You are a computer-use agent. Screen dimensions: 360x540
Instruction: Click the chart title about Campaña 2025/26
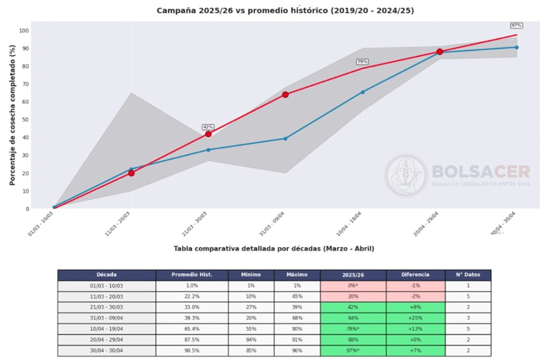pyautogui.click(x=285, y=11)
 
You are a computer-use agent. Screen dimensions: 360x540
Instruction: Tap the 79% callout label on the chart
pyautogui.click(x=362, y=62)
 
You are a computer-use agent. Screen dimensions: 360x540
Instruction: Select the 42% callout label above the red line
pyautogui.click(x=208, y=127)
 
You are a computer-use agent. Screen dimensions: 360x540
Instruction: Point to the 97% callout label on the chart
pyautogui.click(x=516, y=26)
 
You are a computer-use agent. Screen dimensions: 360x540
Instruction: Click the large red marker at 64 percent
pyautogui.click(x=285, y=95)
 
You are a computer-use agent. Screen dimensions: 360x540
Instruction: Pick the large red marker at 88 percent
pyautogui.click(x=439, y=52)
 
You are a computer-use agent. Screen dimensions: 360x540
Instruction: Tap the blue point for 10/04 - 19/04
pyautogui.click(x=362, y=92)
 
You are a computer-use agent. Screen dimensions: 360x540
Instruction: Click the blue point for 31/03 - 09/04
pyautogui.click(x=285, y=139)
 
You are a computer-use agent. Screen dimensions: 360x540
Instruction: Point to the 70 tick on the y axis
pyautogui.click(x=24, y=84)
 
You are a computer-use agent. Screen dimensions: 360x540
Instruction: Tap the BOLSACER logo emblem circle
pyautogui.click(x=406, y=175)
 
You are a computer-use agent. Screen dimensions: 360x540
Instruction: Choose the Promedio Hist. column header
pyautogui.click(x=192, y=275)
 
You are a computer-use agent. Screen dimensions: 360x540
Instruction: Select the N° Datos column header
pyautogui.click(x=468, y=275)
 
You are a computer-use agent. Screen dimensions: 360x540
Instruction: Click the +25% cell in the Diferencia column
pyautogui.click(x=415, y=318)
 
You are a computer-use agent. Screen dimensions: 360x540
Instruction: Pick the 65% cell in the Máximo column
pyautogui.click(x=296, y=296)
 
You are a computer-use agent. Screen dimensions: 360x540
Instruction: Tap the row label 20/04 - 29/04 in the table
pyautogui.click(x=107, y=340)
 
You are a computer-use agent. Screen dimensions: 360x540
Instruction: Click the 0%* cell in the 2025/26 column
pyautogui.click(x=353, y=286)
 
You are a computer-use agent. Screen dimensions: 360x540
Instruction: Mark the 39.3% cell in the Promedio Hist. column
pyautogui.click(x=192, y=318)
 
